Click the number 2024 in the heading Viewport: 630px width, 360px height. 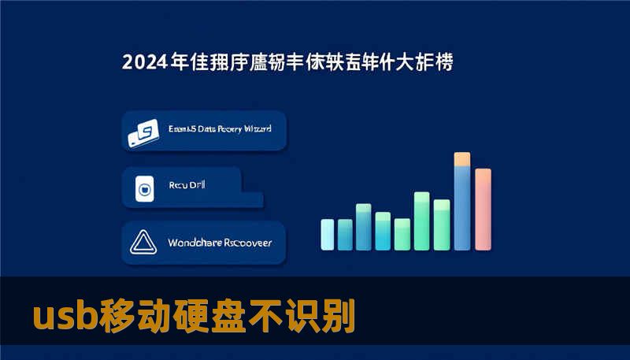pyautogui.click(x=145, y=61)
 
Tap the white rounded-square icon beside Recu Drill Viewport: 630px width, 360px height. pyautogui.click(x=144, y=189)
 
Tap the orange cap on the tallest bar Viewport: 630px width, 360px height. pyautogui.click(x=462, y=158)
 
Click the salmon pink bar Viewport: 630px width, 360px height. pyautogui.click(x=483, y=208)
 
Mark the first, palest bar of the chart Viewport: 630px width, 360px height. pyautogui.click(x=328, y=233)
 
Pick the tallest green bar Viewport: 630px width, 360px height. pyautogui.click(x=422, y=220)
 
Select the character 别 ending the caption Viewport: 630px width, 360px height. pyautogui.click(x=339, y=317)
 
